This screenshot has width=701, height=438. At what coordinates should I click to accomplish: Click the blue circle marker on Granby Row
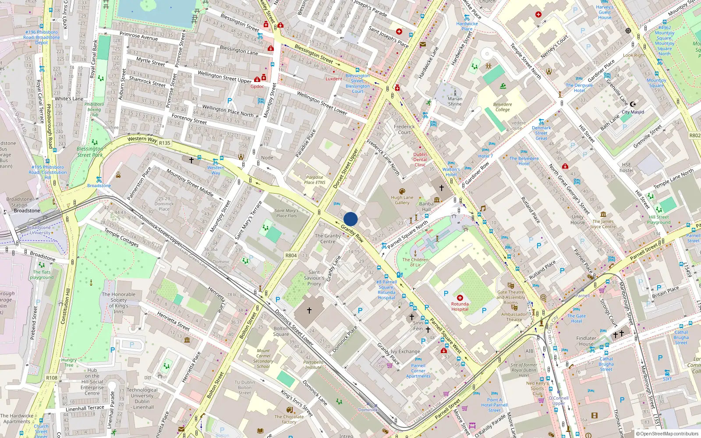350,219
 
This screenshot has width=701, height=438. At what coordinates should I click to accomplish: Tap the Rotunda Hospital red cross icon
460,298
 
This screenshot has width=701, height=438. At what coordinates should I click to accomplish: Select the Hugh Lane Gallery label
402,200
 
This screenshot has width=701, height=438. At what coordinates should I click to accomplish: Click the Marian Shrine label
455,101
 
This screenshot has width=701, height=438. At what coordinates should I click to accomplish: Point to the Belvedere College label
503,107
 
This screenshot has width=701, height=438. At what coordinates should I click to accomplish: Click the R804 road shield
291,255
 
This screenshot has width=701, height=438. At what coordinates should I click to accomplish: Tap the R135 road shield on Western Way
165,143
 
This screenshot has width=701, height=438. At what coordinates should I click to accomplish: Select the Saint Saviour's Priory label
314,278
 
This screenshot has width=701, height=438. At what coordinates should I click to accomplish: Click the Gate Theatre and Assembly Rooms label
510,297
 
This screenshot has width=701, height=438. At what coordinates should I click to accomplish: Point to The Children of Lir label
415,262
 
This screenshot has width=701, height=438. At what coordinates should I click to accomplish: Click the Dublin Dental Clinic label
420,159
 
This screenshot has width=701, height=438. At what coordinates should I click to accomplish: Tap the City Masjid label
633,112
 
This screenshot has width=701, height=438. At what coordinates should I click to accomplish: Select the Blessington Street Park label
90,152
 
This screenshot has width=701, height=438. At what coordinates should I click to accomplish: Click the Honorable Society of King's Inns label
118,303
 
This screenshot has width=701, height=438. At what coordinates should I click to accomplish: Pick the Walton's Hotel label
451,172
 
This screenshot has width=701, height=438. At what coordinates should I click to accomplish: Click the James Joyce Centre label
603,224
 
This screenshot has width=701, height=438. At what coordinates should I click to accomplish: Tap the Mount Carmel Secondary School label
263,358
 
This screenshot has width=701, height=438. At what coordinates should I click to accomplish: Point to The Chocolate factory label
289,419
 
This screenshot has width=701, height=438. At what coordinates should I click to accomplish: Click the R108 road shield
52,378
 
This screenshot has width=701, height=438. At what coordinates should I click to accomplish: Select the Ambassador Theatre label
514,317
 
